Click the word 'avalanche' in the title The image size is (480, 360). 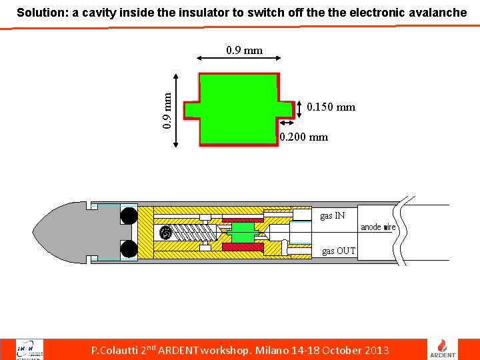(437, 12)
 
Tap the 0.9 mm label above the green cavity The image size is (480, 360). (244, 50)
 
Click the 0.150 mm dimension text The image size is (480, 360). (331, 107)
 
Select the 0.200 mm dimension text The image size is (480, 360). (304, 137)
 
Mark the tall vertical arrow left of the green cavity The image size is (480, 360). (176, 110)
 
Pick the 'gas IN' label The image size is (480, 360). (333, 216)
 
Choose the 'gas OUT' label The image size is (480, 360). (339, 251)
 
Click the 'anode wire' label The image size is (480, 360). (378, 227)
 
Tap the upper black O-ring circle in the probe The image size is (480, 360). (129, 215)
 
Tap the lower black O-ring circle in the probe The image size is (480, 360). (129, 249)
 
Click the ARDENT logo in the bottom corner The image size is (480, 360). (447, 349)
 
